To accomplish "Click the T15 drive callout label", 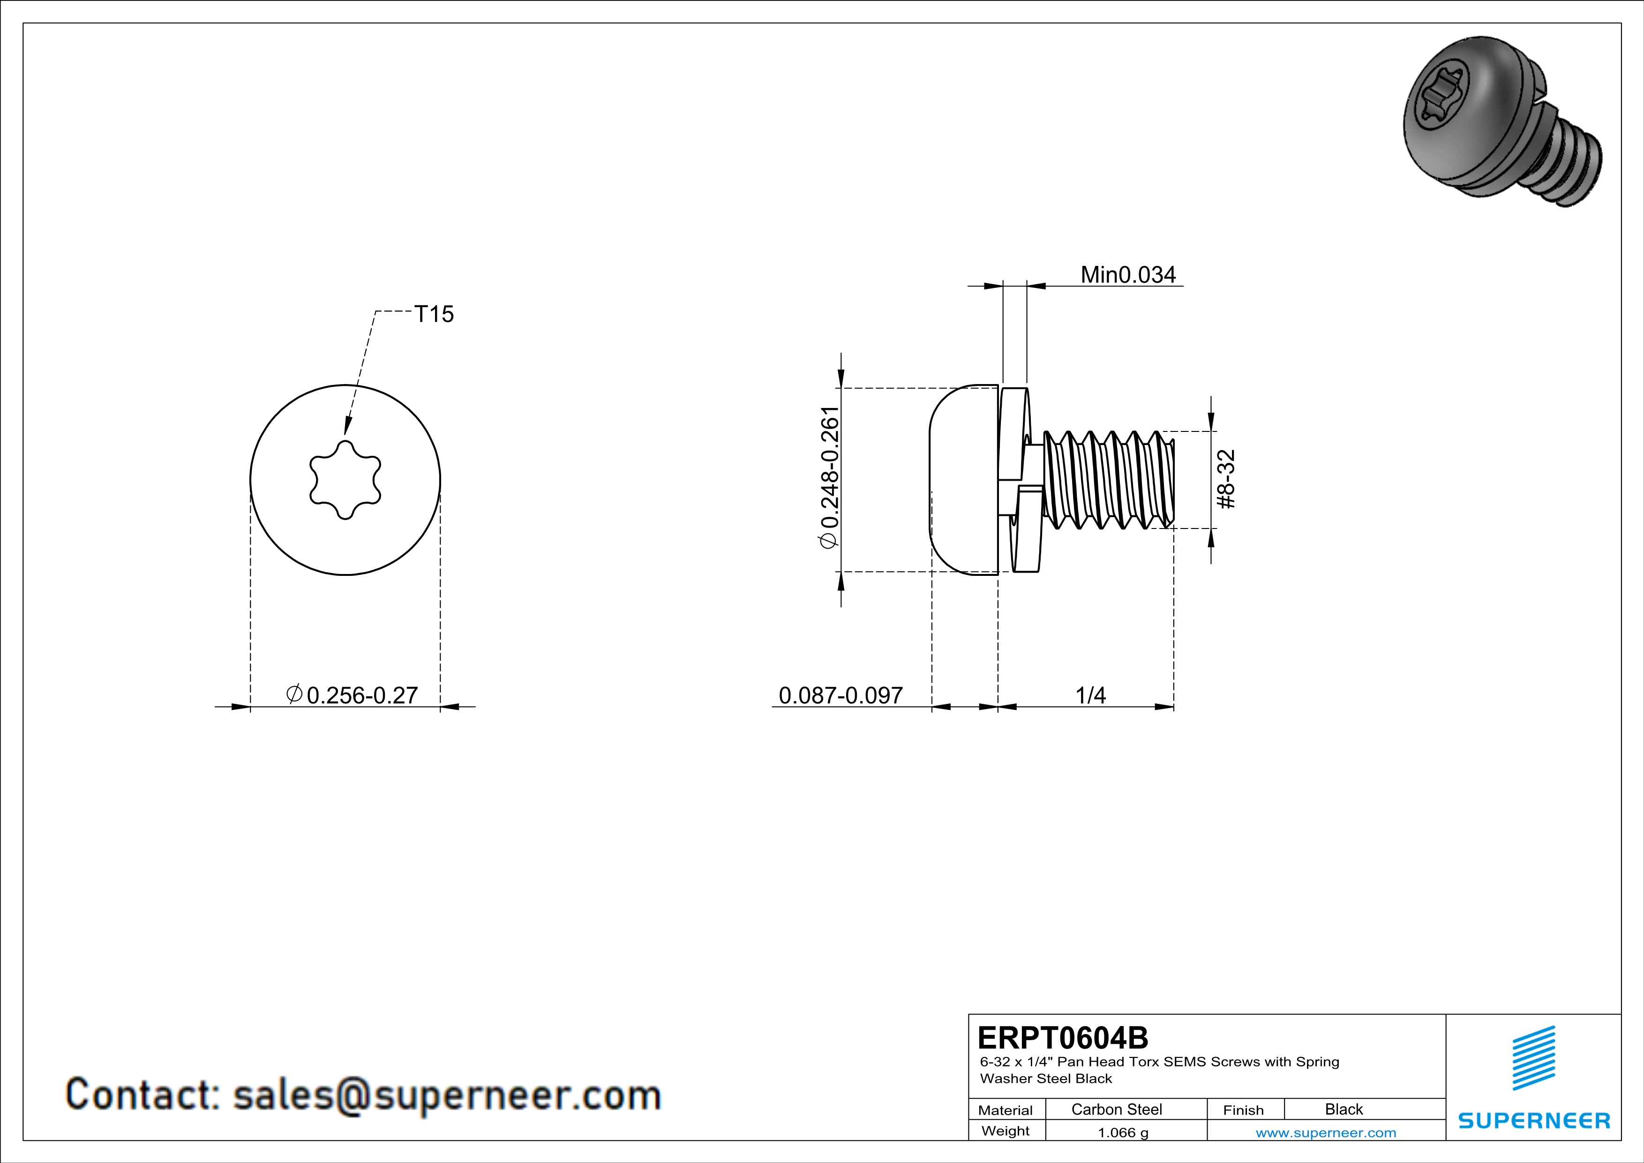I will (x=434, y=314).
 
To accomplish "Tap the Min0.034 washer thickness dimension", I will (x=1128, y=274).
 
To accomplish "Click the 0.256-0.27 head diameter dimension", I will (x=353, y=695).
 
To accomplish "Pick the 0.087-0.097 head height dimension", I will (x=840, y=695).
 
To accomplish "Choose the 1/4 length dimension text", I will (x=1090, y=695).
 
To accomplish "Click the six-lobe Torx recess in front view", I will (x=345, y=479).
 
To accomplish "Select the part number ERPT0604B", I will (x=1063, y=1037).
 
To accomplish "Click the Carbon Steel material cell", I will (x=1116, y=1109).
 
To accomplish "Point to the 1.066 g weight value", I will (x=1123, y=1132).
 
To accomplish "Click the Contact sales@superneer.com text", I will (x=363, y=1095).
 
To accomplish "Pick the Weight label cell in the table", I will (x=1006, y=1131).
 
